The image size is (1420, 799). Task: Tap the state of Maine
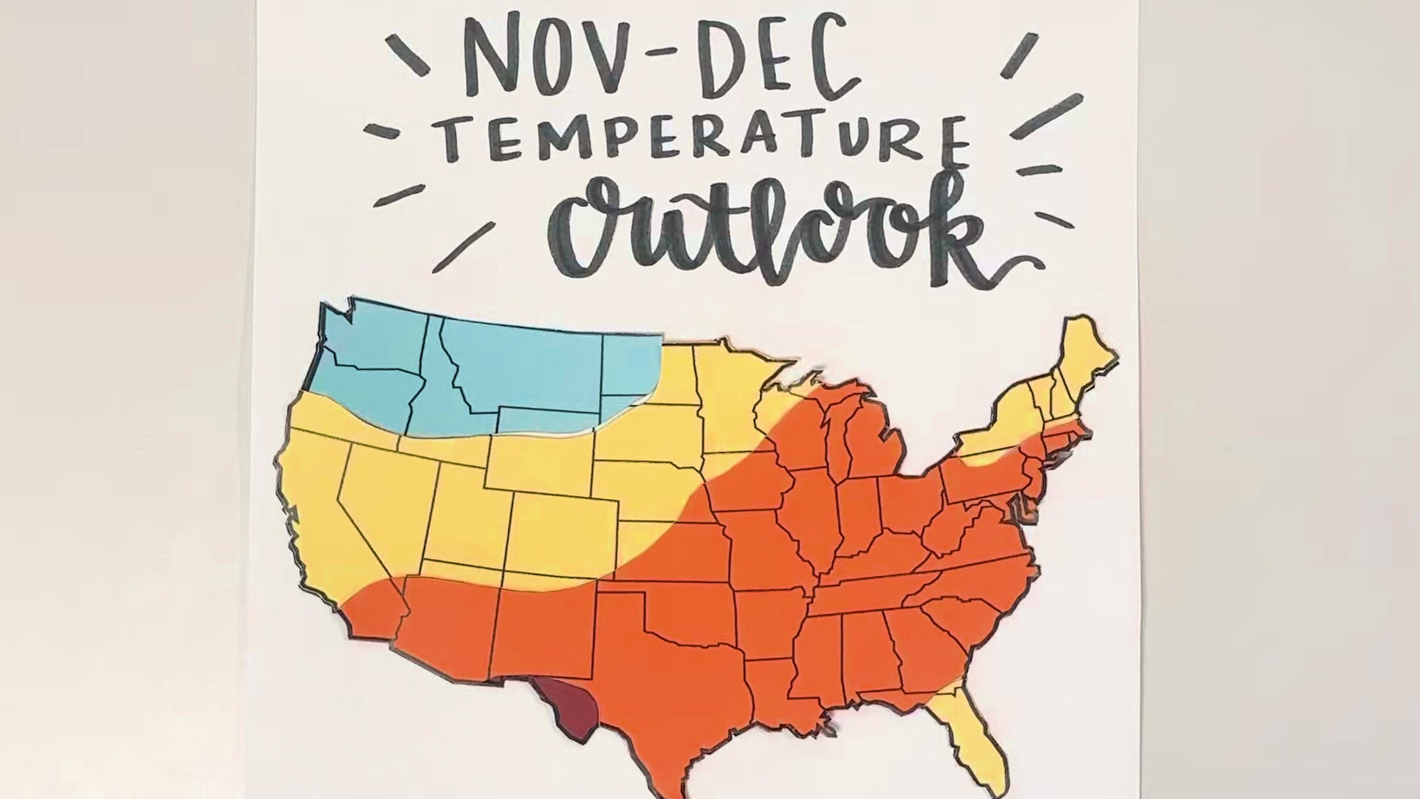click(x=1087, y=355)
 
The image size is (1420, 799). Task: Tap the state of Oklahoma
click(x=688, y=614)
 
